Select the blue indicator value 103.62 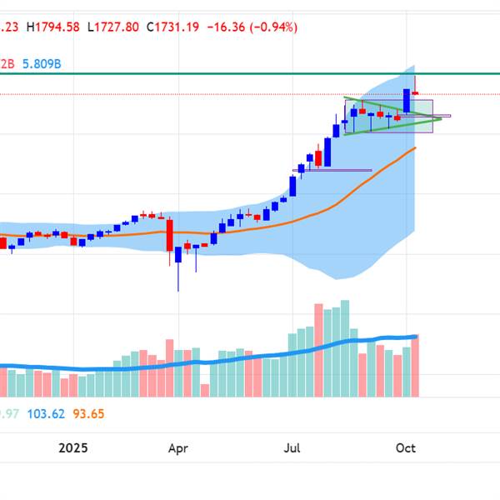click(x=49, y=413)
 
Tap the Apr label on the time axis click(x=177, y=447)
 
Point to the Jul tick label click(x=292, y=447)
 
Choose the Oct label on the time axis click(x=406, y=447)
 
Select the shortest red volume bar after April click(x=205, y=390)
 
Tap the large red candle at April click(x=168, y=235)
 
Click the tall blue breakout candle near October click(x=407, y=101)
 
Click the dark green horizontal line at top click(x=250, y=74)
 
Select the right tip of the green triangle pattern click(x=441, y=119)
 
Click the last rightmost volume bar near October click(x=415, y=365)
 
